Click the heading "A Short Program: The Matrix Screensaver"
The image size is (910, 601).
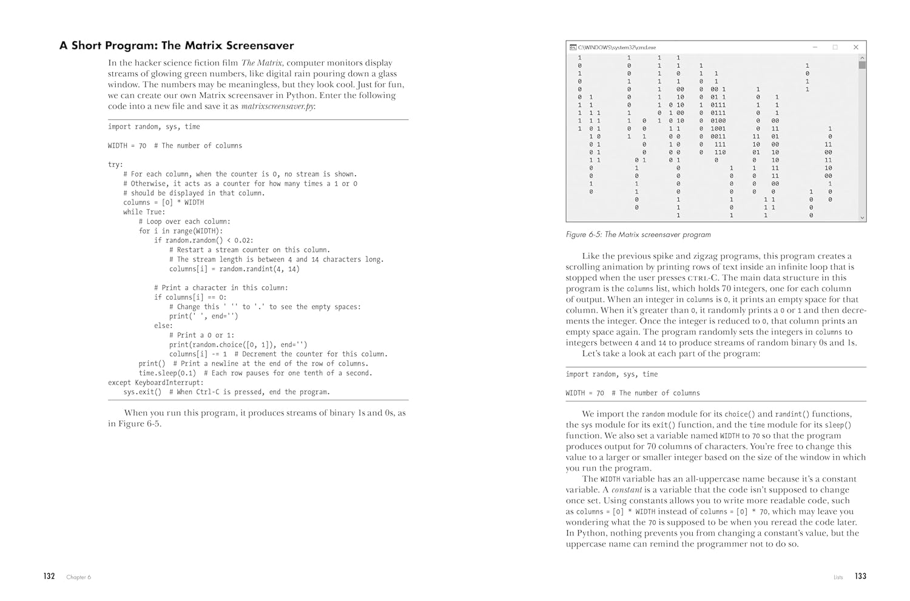[177, 45]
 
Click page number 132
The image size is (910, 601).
[49, 576]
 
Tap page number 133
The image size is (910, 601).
[860, 576]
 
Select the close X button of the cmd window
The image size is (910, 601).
[855, 47]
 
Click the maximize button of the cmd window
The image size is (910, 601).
[835, 47]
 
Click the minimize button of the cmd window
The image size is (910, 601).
[815, 47]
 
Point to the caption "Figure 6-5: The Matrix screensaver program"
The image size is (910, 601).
[638, 235]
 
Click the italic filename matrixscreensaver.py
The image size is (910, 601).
[277, 106]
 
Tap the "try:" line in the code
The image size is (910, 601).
[115, 164]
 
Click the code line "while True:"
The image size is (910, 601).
[144, 212]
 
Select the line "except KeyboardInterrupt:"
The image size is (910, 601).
[156, 383]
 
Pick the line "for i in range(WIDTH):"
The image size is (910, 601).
[181, 231]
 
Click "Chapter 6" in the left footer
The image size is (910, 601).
[78, 577]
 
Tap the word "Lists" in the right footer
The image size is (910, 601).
[838, 577]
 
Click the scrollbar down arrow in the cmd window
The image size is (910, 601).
[861, 217]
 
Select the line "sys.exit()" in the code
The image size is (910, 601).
[143, 392]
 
